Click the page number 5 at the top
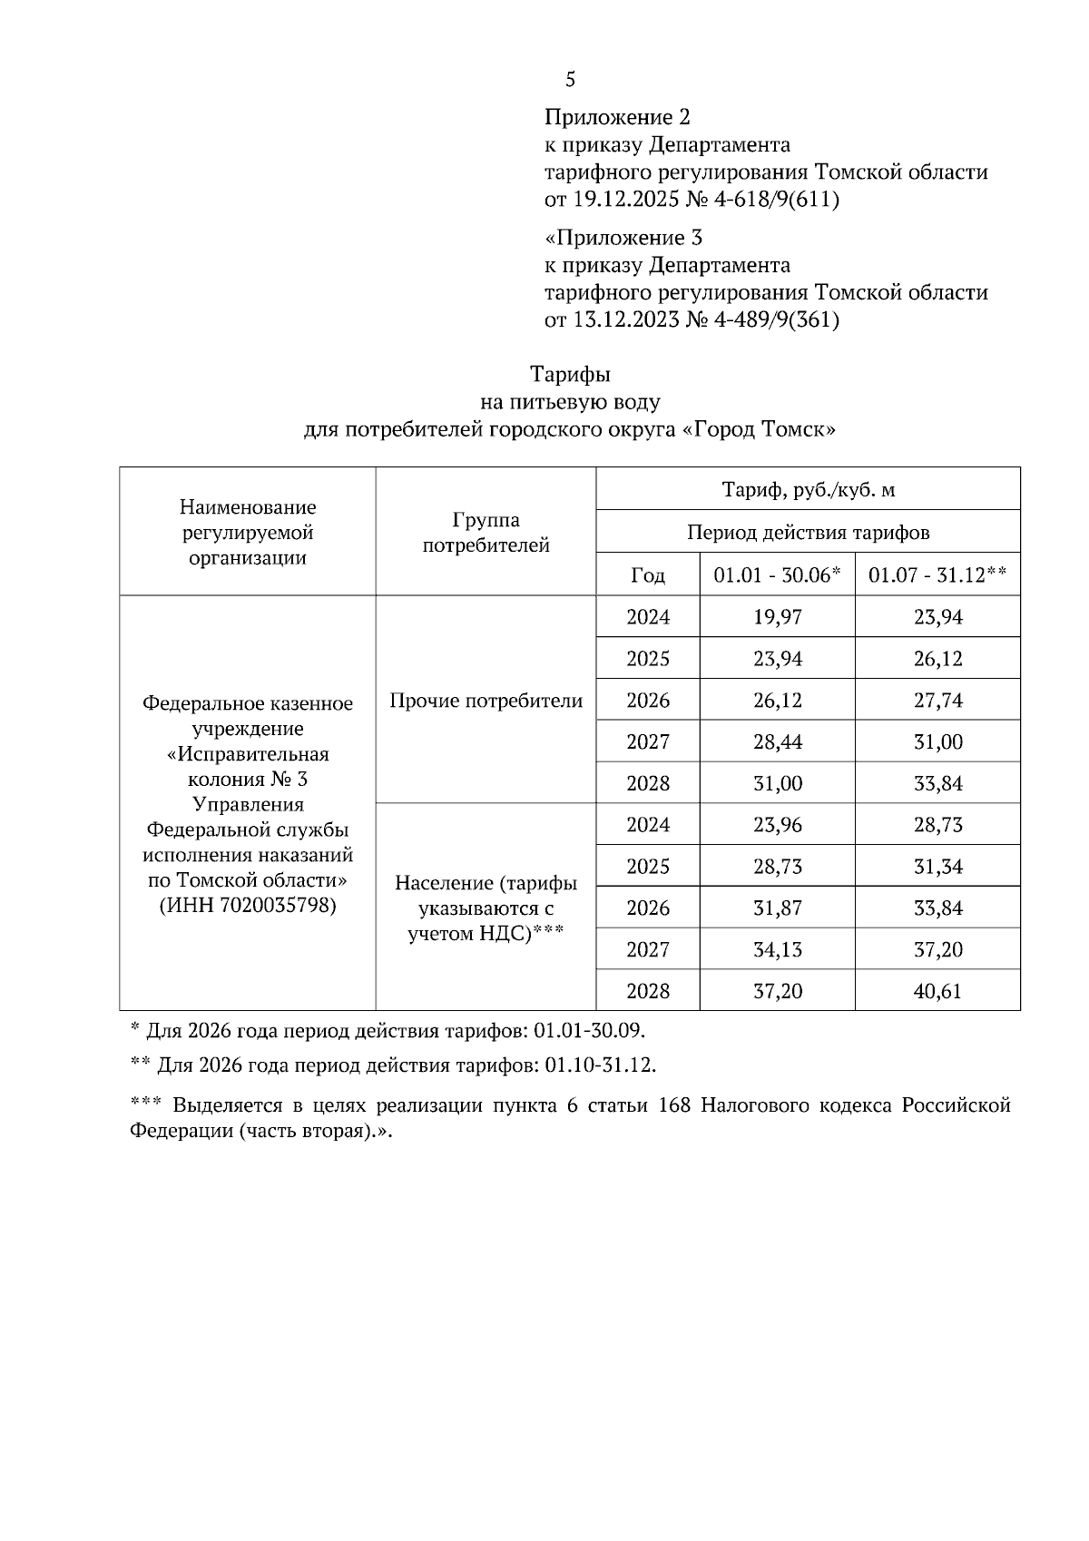570,80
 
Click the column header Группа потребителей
486,533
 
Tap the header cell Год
648,575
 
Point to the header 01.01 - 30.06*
778,575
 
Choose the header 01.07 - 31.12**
937,575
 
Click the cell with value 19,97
778,617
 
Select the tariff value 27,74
937,701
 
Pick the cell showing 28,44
778,742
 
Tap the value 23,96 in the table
778,825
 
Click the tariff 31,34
937,867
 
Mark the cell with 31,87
778,908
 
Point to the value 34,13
778,950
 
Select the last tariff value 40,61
937,992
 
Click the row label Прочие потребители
486,701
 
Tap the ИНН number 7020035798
278,906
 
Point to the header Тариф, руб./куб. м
808,490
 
